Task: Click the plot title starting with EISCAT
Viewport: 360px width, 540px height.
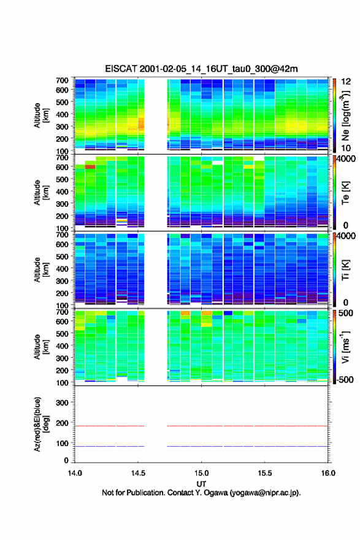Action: pos(201,69)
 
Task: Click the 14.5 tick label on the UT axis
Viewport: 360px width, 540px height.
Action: pos(138,473)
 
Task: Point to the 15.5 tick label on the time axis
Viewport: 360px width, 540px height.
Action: pos(265,473)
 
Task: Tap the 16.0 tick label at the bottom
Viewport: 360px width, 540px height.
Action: pos(328,473)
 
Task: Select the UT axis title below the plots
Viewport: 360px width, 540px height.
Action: pos(201,484)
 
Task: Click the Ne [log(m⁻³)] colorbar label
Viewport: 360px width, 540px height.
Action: pos(345,116)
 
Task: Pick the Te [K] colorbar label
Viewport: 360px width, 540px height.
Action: pos(345,193)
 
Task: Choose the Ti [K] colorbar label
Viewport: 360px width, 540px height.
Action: pos(345,269)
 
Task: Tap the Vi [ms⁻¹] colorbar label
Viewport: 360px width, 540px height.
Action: pos(345,347)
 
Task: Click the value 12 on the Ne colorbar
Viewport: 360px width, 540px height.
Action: pos(346,82)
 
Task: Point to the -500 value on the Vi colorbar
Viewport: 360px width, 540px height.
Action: pos(345,379)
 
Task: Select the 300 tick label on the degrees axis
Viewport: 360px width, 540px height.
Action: pos(62,403)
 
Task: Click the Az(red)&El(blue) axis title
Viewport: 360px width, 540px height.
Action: pos(40,424)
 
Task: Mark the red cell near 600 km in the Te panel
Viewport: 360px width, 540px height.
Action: pos(90,167)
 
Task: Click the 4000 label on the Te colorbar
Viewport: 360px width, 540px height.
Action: pos(346,159)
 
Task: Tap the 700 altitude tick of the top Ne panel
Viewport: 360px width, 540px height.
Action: pos(62,80)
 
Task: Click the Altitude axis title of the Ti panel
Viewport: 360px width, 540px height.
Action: pos(41,269)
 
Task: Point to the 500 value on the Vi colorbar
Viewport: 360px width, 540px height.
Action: pos(345,313)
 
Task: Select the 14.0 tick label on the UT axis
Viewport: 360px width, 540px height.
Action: pos(75,473)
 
